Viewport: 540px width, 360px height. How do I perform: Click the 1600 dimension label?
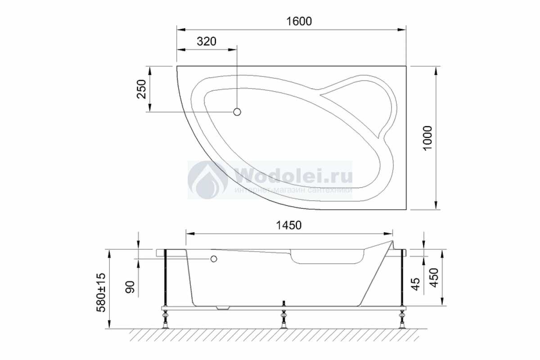[x=299, y=21]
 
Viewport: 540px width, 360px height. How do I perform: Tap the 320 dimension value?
[x=207, y=41]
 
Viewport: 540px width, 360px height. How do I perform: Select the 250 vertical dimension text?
[x=141, y=89]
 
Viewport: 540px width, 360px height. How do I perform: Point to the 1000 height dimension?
[x=427, y=138]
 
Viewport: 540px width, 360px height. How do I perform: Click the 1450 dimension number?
[x=288, y=225]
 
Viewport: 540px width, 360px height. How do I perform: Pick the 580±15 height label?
[x=101, y=292]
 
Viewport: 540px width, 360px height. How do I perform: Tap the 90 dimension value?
[x=130, y=287]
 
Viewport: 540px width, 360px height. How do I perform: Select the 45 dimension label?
[x=416, y=284]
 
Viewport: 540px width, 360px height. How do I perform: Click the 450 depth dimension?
[x=434, y=278]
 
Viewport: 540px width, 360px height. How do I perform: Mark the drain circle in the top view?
[x=237, y=112]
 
